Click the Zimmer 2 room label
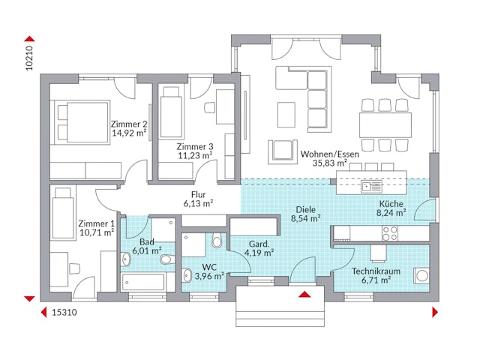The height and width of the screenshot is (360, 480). point(129,124)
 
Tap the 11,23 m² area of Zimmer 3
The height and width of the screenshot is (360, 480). point(195,156)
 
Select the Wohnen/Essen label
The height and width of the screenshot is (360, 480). point(329,153)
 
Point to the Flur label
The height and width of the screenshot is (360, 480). point(198,193)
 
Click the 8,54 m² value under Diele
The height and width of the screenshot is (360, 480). point(305,220)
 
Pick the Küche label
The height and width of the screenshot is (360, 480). point(390,203)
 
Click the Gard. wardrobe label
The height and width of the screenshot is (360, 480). point(259,244)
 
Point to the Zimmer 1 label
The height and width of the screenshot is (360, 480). point(96,223)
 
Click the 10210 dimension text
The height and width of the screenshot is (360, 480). point(29,57)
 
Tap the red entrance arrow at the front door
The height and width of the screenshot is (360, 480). point(305,293)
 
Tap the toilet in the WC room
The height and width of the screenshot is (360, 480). point(216,241)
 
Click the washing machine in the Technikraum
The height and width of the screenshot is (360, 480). point(419,278)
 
